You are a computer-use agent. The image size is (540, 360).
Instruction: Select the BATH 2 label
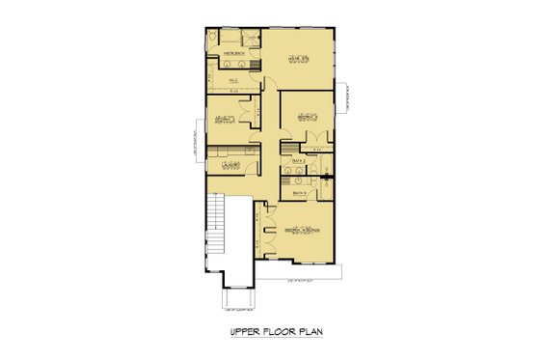tap(298, 158)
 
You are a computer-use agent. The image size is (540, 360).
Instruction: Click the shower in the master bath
tap(248, 38)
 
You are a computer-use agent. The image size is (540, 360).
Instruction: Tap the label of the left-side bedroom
tap(227, 119)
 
